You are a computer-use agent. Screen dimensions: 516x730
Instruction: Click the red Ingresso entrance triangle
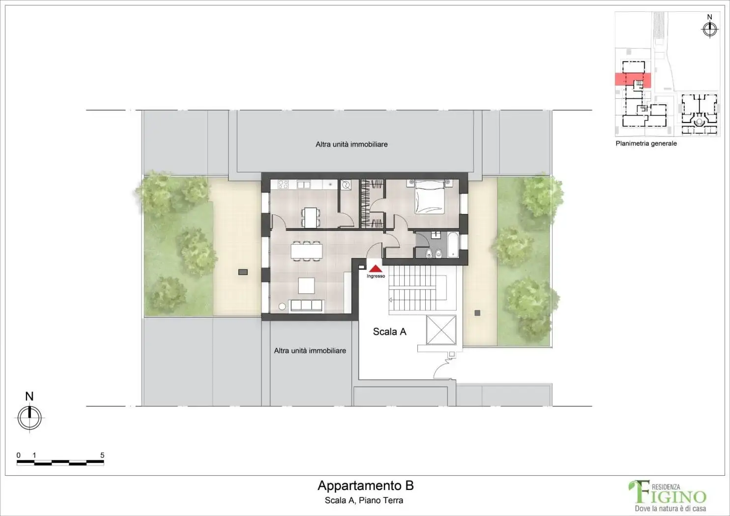[376, 269]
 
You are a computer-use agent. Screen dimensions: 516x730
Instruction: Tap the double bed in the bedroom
[430, 197]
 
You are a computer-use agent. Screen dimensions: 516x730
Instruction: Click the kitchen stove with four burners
[283, 185]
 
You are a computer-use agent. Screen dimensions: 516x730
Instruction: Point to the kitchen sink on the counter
[304, 185]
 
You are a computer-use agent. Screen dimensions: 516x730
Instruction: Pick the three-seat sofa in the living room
[306, 305]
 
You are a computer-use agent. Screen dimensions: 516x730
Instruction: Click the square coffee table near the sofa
[306, 286]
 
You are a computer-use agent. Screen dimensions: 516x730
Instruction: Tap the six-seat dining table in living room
[306, 251]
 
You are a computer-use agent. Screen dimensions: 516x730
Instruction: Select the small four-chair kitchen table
[310, 217]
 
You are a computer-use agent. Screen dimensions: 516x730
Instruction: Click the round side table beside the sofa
[282, 306]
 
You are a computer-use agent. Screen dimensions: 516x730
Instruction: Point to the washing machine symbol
[346, 185]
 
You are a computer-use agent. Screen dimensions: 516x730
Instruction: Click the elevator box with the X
[441, 330]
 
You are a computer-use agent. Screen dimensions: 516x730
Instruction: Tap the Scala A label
[389, 332]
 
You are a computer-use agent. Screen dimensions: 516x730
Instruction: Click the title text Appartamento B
[365, 486]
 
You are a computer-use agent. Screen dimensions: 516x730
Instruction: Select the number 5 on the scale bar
[102, 455]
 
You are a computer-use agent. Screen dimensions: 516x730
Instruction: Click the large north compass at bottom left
[29, 418]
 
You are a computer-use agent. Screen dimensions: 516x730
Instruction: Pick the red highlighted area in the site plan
[633, 80]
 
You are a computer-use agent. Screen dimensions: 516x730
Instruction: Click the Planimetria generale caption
[646, 143]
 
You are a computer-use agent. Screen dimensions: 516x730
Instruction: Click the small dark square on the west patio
[243, 272]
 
